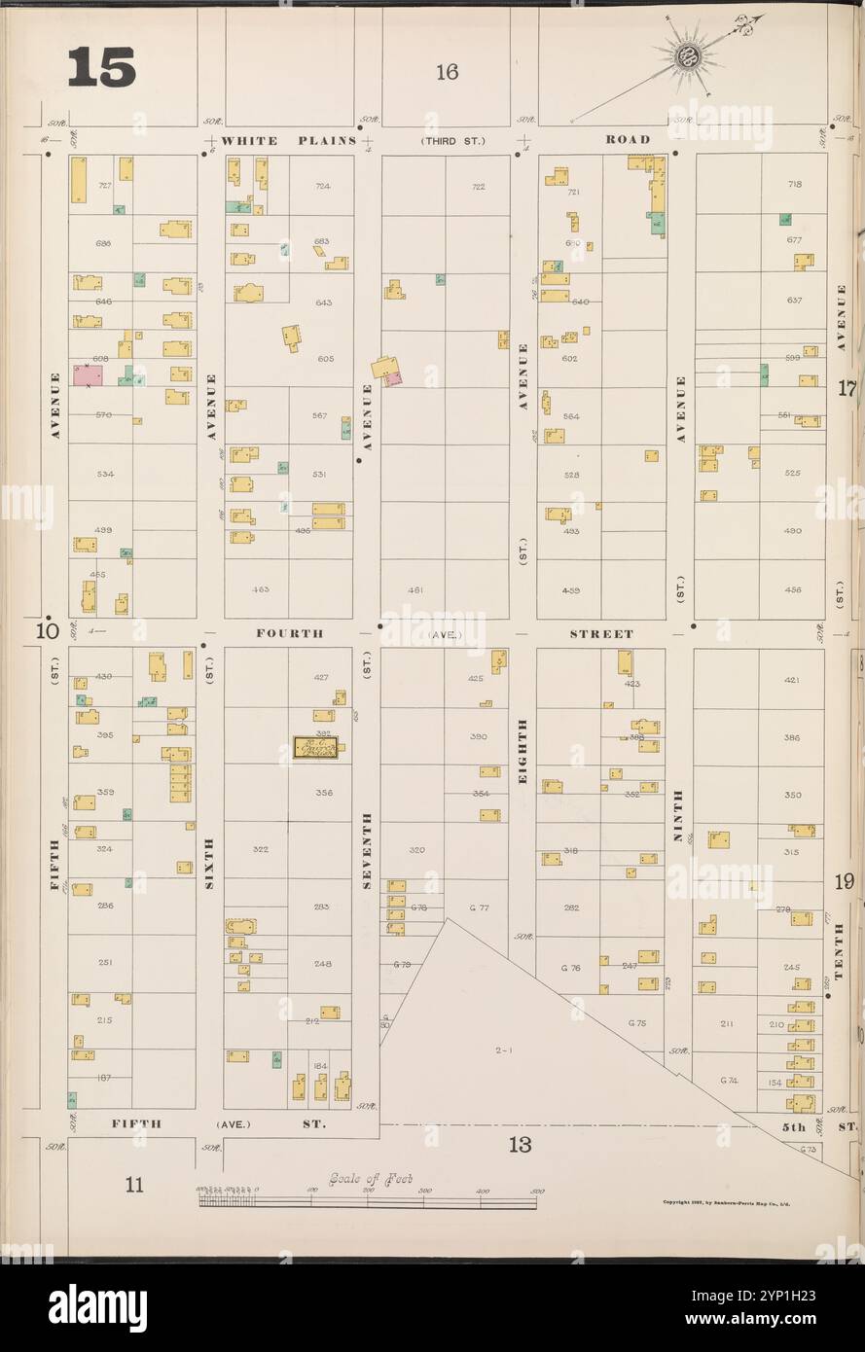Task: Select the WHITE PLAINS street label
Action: (288, 141)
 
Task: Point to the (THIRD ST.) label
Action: (452, 141)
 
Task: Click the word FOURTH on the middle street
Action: (289, 633)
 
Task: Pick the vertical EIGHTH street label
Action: (523, 752)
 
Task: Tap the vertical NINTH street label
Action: (680, 813)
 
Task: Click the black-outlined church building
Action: (316, 748)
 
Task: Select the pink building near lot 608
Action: (87, 376)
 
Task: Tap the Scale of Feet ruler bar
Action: (368, 1202)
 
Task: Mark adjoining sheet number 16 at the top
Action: (447, 71)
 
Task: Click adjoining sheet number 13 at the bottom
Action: (520, 1144)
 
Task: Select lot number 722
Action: (478, 186)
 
